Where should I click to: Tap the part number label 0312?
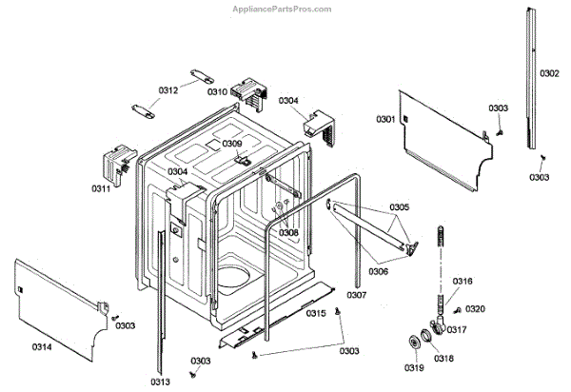click(167, 91)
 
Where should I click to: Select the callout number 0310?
click(217, 92)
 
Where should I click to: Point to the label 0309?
click(232, 144)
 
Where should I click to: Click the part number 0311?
click(101, 189)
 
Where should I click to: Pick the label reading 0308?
click(288, 232)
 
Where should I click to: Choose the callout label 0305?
click(399, 207)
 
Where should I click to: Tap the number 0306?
click(379, 271)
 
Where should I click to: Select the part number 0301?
click(385, 119)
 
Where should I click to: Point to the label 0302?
click(549, 73)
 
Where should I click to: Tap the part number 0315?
click(317, 314)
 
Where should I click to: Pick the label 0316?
click(463, 282)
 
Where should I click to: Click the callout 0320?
click(475, 309)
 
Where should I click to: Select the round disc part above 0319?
click(415, 343)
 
